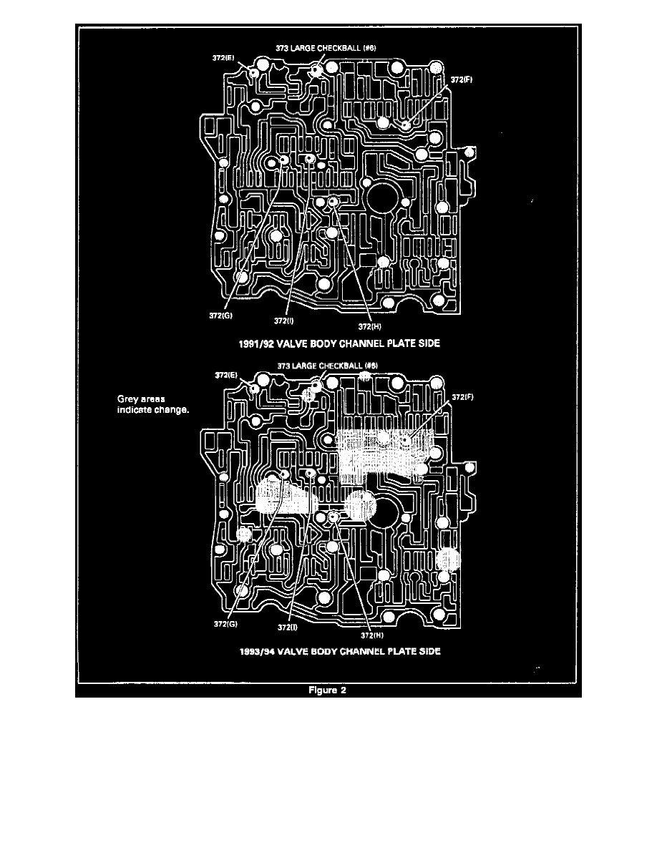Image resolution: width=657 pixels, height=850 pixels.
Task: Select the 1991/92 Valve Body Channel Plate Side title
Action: (x=339, y=343)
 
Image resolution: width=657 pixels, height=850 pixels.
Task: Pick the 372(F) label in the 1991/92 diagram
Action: (x=462, y=80)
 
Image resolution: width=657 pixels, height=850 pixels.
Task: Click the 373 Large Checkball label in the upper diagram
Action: (x=326, y=49)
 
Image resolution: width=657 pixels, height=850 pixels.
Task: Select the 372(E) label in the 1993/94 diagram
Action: (x=226, y=374)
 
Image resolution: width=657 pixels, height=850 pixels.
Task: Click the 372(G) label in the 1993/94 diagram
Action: (x=226, y=623)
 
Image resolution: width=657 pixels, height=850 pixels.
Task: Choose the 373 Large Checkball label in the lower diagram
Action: (x=327, y=365)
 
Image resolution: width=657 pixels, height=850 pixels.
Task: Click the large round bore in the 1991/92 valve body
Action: (x=384, y=194)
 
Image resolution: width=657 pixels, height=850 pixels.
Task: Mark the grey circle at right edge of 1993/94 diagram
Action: (x=448, y=558)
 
